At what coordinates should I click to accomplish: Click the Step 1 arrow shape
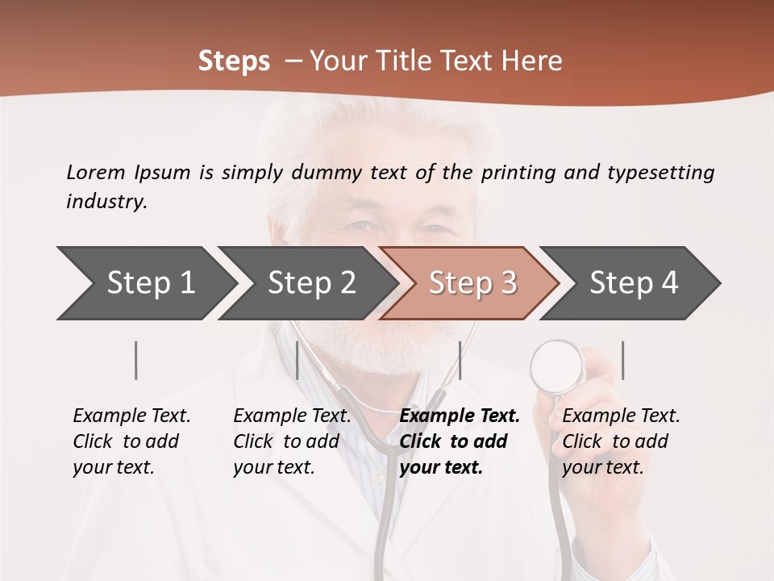[145, 283]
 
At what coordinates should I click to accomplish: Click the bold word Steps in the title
[234, 61]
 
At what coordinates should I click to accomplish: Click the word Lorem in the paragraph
[95, 172]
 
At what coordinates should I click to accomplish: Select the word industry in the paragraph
[106, 202]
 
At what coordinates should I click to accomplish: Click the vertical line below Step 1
[136, 360]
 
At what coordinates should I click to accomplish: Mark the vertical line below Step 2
[298, 360]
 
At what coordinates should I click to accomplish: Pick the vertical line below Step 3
[460, 360]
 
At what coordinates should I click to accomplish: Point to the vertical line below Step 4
[622, 360]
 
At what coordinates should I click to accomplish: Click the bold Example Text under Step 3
[460, 416]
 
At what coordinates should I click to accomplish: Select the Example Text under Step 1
[131, 416]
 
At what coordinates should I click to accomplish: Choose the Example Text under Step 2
[292, 416]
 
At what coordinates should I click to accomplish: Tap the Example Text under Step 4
[621, 416]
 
